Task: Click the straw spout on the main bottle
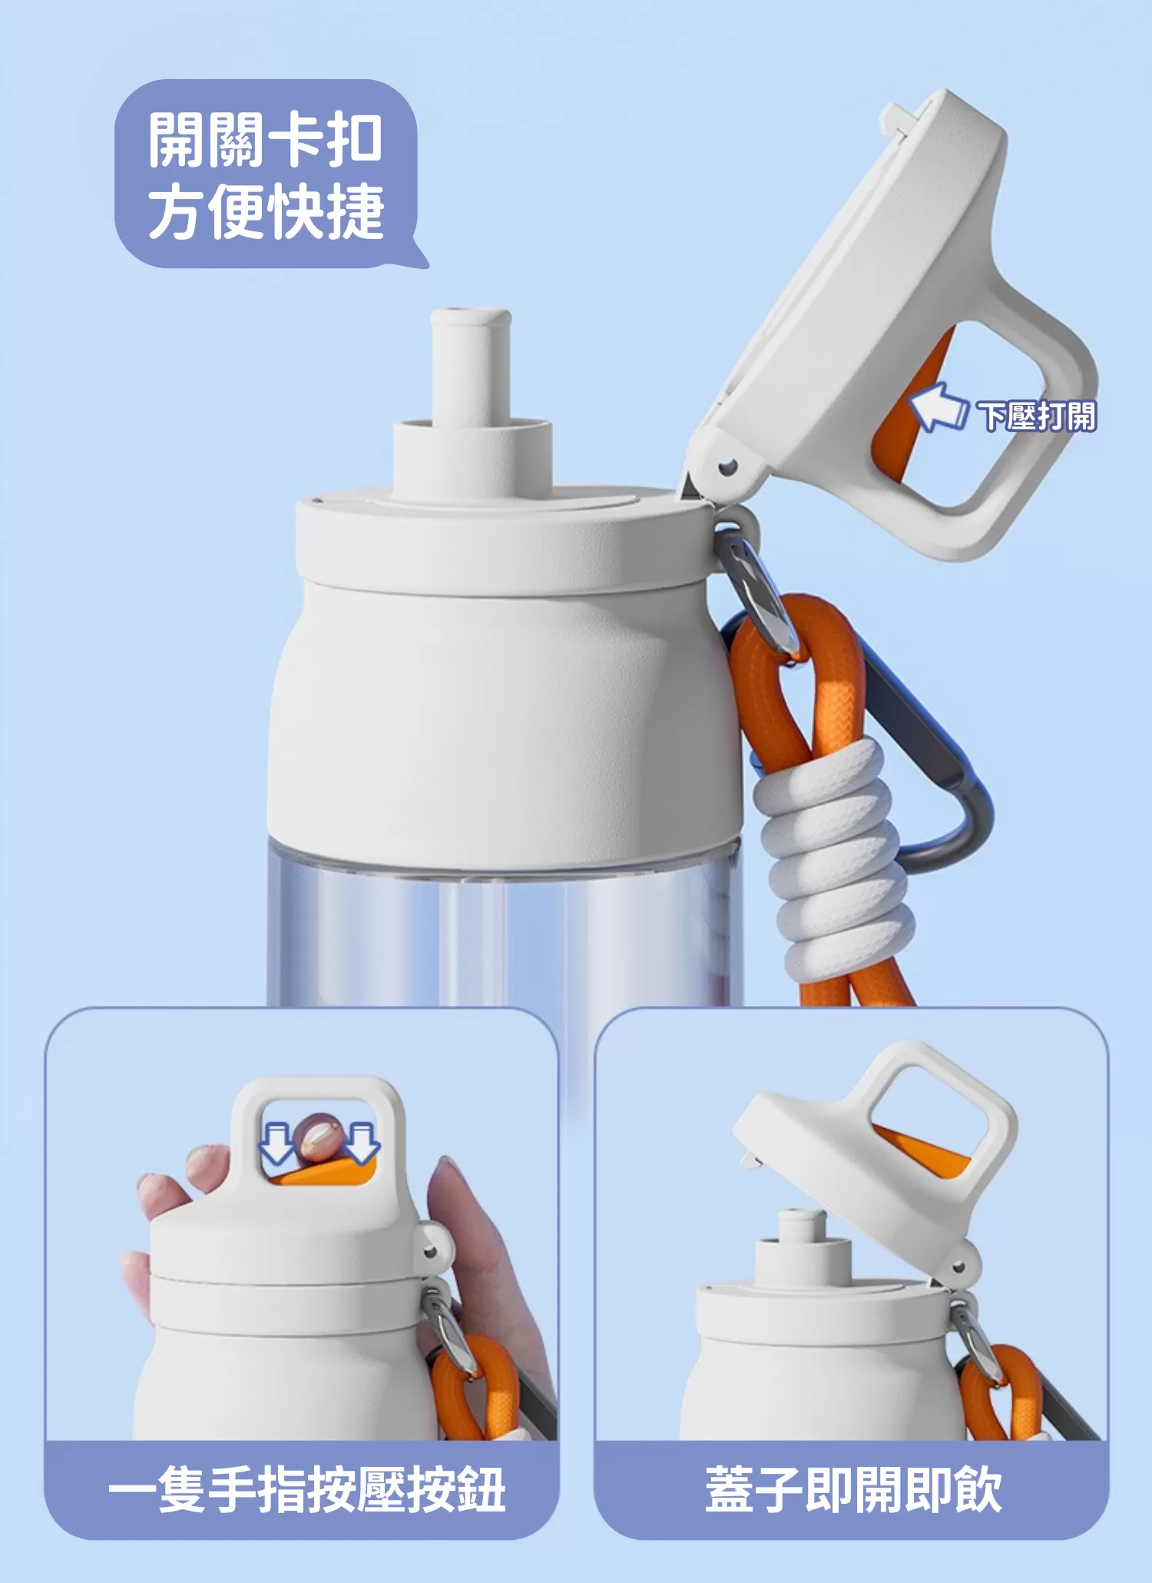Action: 471,369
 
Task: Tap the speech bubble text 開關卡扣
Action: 265,141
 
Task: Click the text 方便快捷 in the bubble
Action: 265,211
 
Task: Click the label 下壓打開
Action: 1038,416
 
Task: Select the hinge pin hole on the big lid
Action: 726,467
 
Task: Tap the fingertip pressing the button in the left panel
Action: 316,1137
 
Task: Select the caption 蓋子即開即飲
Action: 852,1489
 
